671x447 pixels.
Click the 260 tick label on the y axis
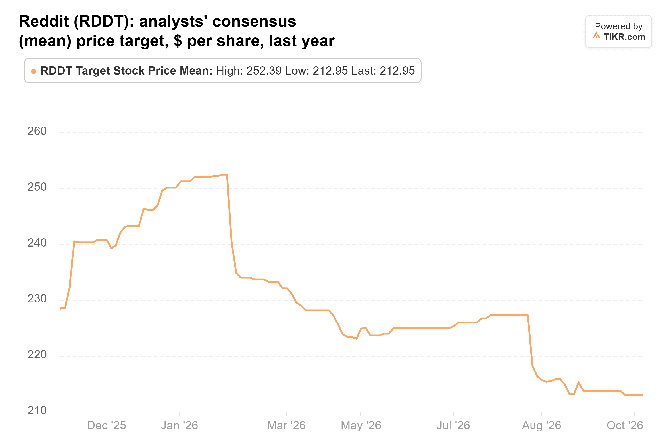pos(37,131)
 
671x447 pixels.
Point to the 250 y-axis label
pos(37,187)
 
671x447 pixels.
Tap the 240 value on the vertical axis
pos(37,243)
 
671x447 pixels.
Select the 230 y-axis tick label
pos(37,299)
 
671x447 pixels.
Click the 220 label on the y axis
pos(37,355)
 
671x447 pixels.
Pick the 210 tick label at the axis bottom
pos(37,410)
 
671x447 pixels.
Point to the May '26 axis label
pos(361,426)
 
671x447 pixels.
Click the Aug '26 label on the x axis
pos(541,426)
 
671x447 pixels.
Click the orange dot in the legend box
pos(34,71)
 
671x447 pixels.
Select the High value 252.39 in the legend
pos(264,71)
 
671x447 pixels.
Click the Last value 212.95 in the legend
pos(397,71)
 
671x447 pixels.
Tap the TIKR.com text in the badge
pos(624,37)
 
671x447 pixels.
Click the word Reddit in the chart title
pos(44,21)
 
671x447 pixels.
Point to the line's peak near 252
pos(225,174)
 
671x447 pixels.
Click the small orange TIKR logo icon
pos(596,36)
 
